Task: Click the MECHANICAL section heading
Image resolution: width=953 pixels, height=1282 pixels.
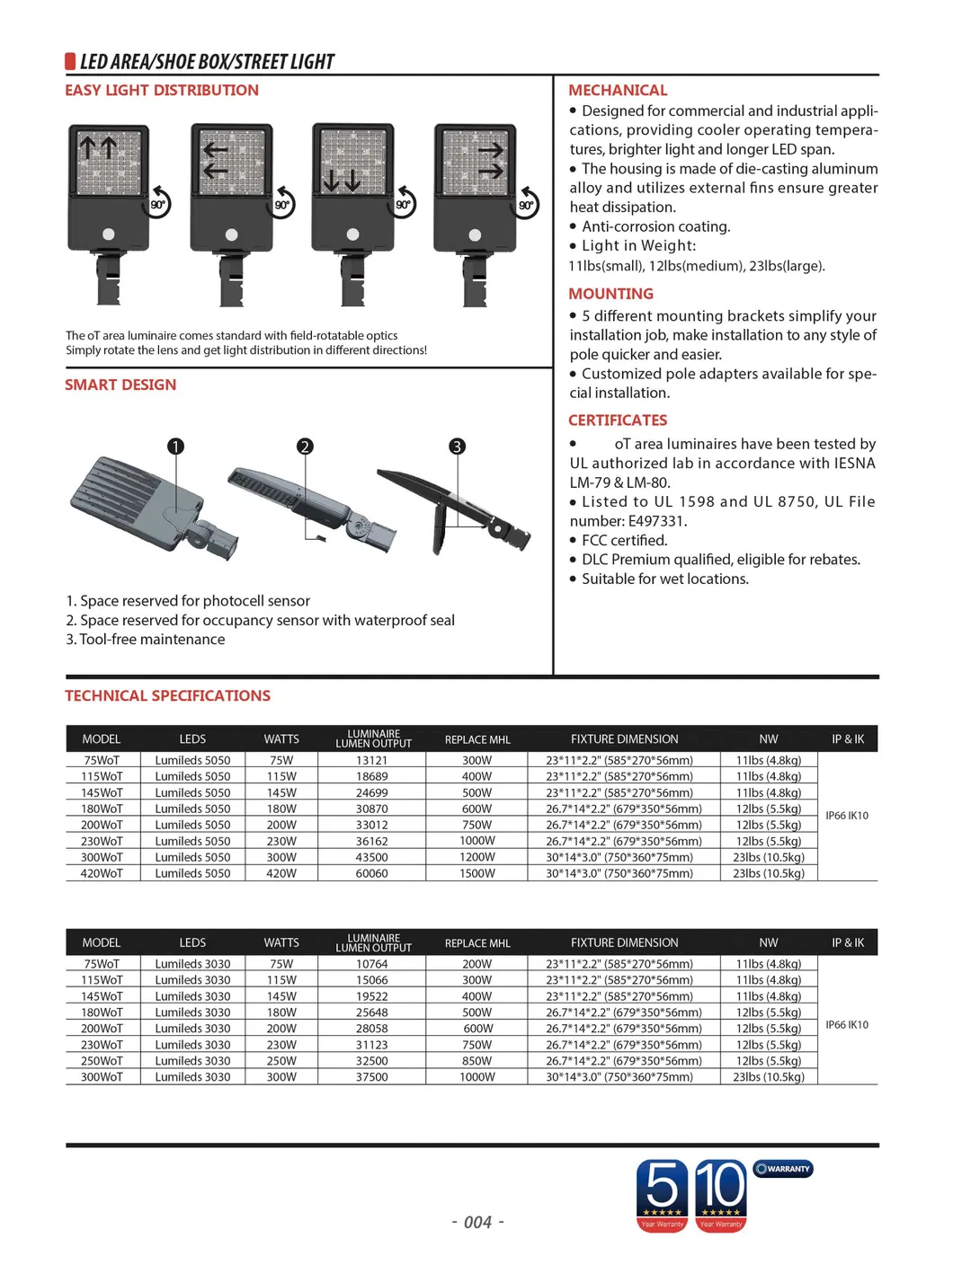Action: (618, 90)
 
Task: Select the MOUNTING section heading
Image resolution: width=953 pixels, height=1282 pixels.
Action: (610, 294)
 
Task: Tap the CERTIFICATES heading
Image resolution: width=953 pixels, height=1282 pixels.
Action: (618, 420)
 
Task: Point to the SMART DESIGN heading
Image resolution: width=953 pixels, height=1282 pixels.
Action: (120, 385)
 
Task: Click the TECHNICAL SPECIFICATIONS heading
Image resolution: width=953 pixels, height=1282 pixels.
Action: (167, 695)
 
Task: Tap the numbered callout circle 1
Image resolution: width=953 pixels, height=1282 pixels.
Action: (175, 446)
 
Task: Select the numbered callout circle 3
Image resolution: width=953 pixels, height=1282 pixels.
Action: (457, 446)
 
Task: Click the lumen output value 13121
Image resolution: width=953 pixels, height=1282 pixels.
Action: (371, 760)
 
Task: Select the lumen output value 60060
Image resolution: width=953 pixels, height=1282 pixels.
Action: (371, 873)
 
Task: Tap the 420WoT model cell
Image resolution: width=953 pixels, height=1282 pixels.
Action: (102, 873)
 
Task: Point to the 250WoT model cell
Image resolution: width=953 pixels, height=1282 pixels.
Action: (102, 1061)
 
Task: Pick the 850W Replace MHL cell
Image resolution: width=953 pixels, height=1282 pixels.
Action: (476, 1061)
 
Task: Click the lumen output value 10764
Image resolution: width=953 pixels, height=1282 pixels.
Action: (371, 964)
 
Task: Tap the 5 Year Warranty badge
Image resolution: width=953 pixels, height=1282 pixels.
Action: (663, 1195)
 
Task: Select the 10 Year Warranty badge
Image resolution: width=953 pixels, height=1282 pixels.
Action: (721, 1195)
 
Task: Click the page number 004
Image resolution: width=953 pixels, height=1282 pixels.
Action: (477, 1222)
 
